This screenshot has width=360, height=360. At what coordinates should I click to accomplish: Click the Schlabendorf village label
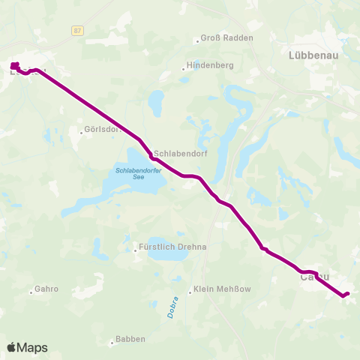click(x=180, y=149)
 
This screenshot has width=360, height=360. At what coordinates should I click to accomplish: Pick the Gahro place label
click(x=46, y=289)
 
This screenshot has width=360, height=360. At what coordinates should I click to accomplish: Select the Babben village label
click(x=130, y=340)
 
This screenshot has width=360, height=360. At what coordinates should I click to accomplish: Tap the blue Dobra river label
click(x=172, y=307)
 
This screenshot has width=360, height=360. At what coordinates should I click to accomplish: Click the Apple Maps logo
click(x=27, y=347)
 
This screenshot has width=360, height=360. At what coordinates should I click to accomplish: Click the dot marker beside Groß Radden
click(x=196, y=40)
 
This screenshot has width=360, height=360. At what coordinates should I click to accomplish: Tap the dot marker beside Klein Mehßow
click(x=190, y=292)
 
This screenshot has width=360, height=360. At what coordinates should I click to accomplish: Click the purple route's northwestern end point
click(x=14, y=66)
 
